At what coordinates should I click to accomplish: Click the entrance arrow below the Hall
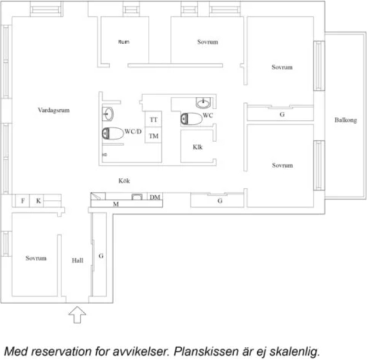click(77, 315)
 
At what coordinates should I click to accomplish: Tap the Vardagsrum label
click(53, 110)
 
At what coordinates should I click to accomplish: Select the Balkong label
click(345, 120)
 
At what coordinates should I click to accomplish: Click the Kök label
click(124, 181)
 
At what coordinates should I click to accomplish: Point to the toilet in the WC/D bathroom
click(113, 133)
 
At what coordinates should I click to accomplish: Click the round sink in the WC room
click(203, 103)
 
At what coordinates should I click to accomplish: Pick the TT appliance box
click(153, 119)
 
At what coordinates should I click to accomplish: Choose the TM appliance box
click(153, 135)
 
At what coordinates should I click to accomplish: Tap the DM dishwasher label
click(155, 197)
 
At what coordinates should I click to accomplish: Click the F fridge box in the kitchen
click(22, 201)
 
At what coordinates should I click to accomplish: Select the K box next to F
click(37, 201)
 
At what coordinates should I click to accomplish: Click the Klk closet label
click(198, 147)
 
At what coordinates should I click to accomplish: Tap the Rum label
click(123, 42)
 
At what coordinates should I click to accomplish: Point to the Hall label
click(77, 261)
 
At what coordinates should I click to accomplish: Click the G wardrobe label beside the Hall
click(101, 256)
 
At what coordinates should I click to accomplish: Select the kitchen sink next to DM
click(137, 197)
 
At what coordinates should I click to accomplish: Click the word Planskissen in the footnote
click(206, 351)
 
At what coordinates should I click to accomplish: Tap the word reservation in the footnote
click(62, 351)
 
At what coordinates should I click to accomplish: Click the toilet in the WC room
click(191, 119)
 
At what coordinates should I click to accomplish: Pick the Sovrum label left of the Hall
click(36, 258)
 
